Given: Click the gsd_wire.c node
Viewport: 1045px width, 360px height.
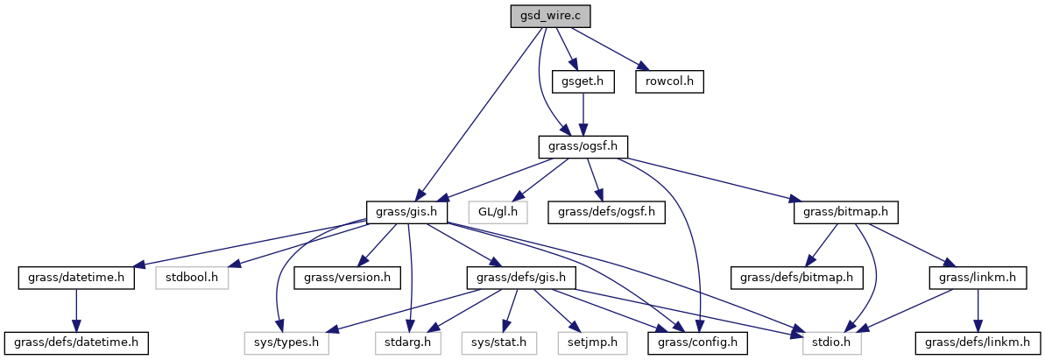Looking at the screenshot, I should pos(545,17).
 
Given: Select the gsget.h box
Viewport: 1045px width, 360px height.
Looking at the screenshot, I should pos(583,81).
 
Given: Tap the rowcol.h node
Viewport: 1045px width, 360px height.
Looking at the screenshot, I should pos(671,81).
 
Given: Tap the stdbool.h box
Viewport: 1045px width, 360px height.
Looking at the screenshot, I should pos(192,278).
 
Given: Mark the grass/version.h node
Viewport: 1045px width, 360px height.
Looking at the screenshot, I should pos(347,278).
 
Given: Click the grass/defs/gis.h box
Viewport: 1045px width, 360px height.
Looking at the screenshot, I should pos(519,278).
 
